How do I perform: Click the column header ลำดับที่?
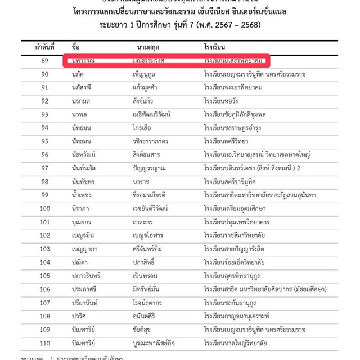coord(44,46)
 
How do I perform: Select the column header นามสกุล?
coord(150,46)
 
